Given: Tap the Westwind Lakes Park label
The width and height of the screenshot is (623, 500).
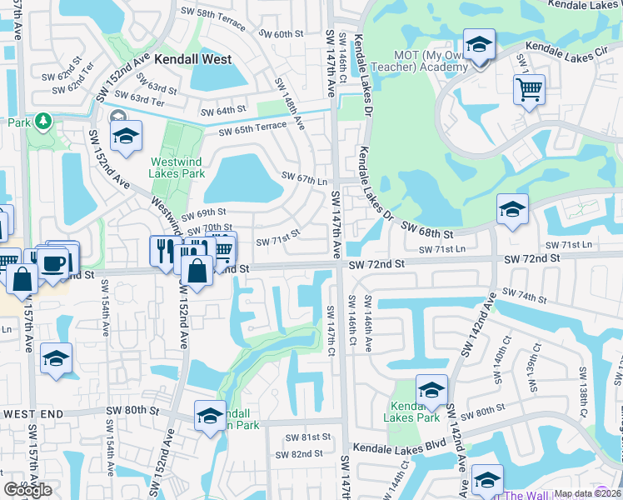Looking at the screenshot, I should pyautogui.click(x=177, y=168).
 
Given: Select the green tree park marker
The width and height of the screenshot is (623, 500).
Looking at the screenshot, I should pyautogui.click(x=42, y=122).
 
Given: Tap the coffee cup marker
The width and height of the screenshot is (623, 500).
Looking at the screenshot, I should pyautogui.click(x=54, y=262).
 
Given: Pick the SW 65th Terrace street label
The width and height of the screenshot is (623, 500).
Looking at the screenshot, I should pyautogui.click(x=252, y=129).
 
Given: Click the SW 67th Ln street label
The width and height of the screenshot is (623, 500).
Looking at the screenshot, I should pyautogui.click(x=304, y=177).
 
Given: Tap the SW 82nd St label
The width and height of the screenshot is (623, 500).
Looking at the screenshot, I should pyautogui.click(x=304, y=453).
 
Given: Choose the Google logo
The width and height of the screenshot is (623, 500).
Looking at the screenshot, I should pyautogui.click(x=28, y=490).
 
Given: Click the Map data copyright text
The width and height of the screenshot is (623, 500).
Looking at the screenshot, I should pyautogui.click(x=588, y=493).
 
